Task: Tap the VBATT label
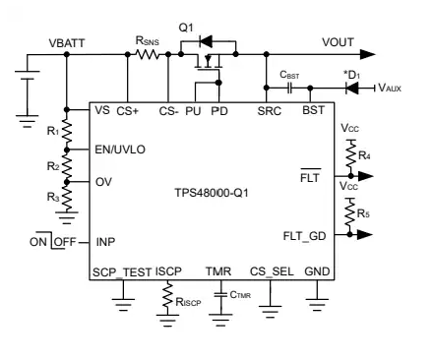coord(68,44)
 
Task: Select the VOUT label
coord(340,42)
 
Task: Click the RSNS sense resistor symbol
coord(148,56)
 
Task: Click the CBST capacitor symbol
coord(284,86)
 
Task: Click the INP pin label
coord(106,240)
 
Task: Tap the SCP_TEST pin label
coord(121,272)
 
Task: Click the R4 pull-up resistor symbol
coord(350,151)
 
